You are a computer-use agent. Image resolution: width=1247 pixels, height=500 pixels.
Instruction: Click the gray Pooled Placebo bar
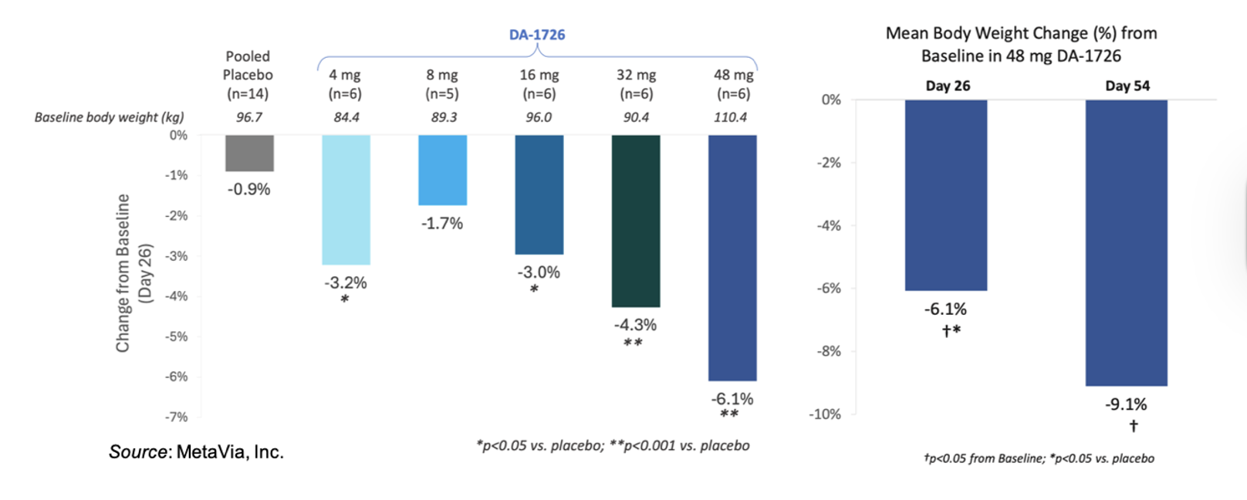pyautogui.click(x=249, y=153)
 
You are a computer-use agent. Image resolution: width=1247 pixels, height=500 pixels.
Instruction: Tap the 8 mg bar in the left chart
pyautogui.click(x=442, y=170)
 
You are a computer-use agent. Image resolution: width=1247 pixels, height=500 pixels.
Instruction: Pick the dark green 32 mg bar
pyautogui.click(x=636, y=221)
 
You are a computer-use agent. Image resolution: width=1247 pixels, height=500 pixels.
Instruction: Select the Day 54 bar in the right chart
pyautogui.click(x=1126, y=242)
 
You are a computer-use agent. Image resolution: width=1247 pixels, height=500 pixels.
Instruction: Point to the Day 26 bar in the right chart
pyautogui.click(x=945, y=194)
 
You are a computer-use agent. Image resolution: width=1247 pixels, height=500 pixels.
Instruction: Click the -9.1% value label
pyautogui.click(x=1126, y=404)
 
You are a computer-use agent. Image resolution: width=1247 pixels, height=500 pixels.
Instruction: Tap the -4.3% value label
pyautogui.click(x=635, y=325)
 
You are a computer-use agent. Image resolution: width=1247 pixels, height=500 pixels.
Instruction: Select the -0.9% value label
pyautogui.click(x=248, y=189)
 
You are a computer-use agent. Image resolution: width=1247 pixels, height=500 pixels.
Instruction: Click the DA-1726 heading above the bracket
pyautogui.click(x=537, y=35)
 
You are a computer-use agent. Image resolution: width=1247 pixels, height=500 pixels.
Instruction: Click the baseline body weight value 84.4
pyautogui.click(x=346, y=117)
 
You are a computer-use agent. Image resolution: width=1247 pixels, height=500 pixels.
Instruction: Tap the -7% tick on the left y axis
pyautogui.click(x=177, y=417)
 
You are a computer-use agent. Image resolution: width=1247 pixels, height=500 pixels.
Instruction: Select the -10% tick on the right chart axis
pyautogui.click(x=824, y=414)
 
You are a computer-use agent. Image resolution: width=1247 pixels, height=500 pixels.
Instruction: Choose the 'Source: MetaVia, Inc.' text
pyautogui.click(x=196, y=452)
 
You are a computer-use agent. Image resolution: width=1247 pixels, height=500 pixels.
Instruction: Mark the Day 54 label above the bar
pyautogui.click(x=1127, y=86)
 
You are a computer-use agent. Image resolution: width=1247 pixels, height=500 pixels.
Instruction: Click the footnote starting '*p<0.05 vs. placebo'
pyautogui.click(x=613, y=445)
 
